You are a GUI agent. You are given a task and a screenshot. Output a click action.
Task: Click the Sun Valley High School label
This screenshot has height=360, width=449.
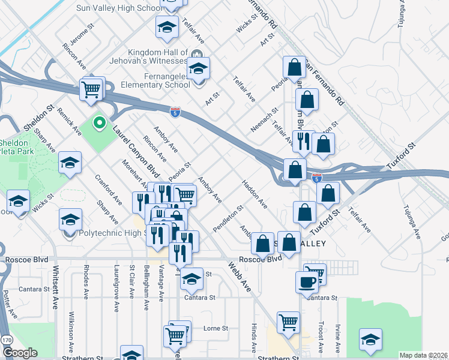click(x=119, y=8)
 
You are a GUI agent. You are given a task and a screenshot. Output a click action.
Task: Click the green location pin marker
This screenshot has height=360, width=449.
click(x=100, y=124)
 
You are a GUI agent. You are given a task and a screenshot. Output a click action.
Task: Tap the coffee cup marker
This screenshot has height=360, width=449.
click(x=307, y=281)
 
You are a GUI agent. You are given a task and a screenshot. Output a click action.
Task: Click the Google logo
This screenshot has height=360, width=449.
click(x=20, y=353)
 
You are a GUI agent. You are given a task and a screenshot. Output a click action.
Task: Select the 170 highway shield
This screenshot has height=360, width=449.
click(x=5, y=340)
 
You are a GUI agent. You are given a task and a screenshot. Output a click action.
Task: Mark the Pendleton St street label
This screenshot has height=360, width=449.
click(x=228, y=220)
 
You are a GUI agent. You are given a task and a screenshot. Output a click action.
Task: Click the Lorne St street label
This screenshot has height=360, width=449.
click(x=216, y=328)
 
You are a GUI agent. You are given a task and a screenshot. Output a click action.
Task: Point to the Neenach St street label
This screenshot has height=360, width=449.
click(x=265, y=120)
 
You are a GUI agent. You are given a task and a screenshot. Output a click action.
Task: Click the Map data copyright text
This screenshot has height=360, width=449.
click(x=423, y=355)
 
